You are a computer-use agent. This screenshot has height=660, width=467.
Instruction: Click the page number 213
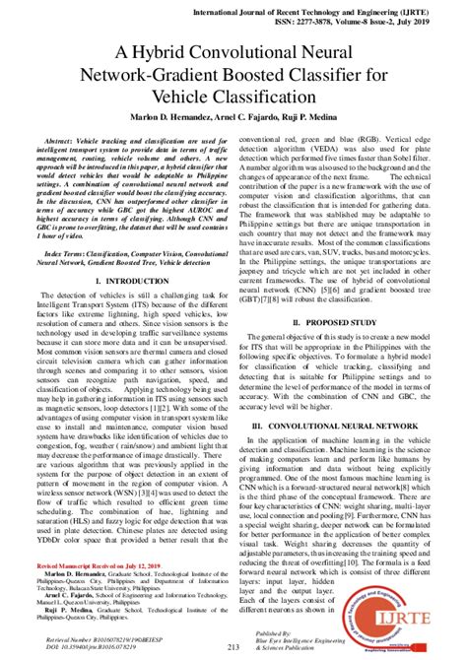point(233,646)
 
